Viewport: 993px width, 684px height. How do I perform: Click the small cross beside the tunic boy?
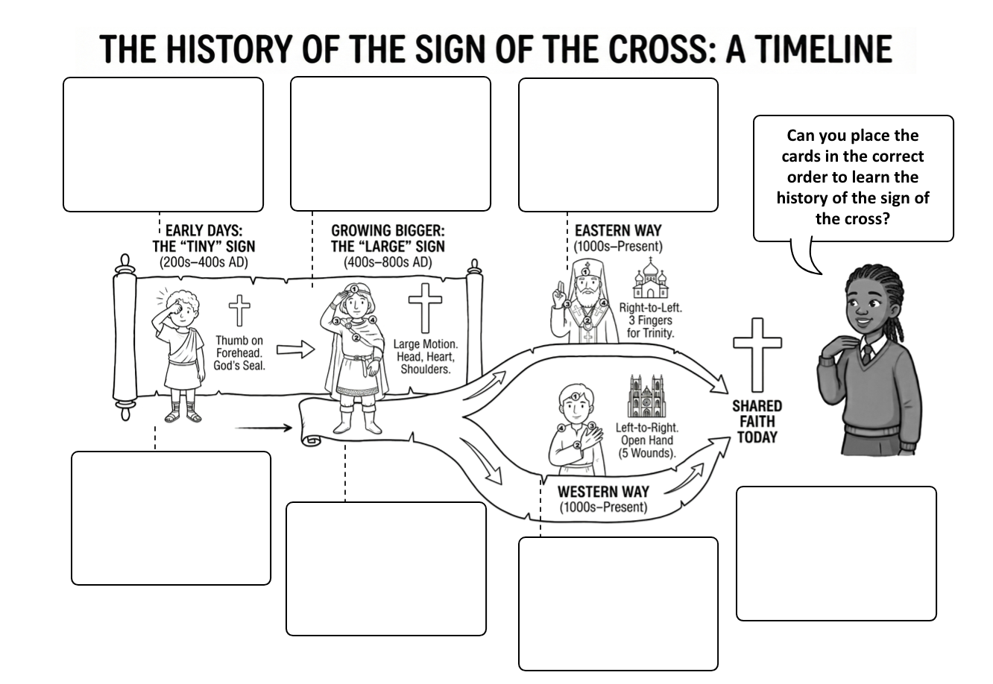(239, 310)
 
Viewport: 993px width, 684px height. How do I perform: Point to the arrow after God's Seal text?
(295, 349)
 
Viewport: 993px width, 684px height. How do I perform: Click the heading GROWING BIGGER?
(388, 231)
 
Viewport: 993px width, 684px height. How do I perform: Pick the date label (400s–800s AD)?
(388, 262)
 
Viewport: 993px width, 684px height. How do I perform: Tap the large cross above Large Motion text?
(425, 308)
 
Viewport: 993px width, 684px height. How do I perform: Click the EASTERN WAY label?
(617, 231)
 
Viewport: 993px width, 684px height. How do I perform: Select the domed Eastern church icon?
(650, 279)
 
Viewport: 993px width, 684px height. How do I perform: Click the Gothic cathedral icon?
(646, 396)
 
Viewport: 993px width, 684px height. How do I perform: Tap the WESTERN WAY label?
(603, 492)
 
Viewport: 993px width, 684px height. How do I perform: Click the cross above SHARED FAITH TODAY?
(757, 353)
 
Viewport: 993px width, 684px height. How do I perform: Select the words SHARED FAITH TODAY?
(757, 421)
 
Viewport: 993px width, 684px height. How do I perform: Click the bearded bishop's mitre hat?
(587, 273)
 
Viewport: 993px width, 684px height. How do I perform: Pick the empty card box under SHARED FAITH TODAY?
(836, 553)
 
